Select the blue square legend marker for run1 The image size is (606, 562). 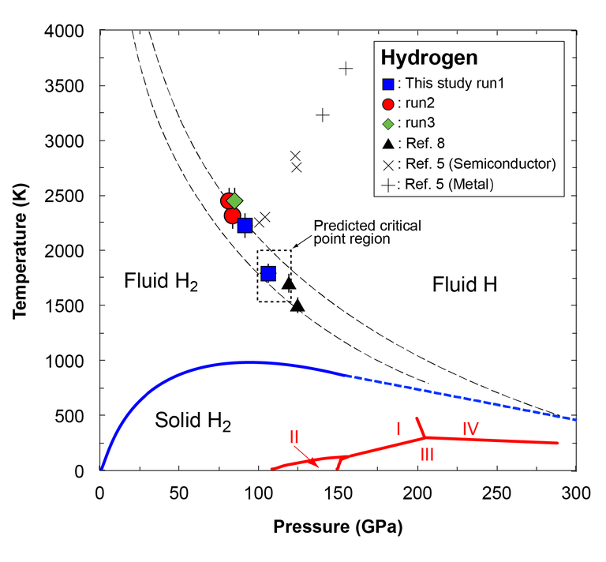(387, 83)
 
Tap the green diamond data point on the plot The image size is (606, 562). (234, 201)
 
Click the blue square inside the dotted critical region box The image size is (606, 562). (268, 273)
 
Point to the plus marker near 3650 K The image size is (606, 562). (346, 69)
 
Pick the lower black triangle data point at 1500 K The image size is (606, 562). (297, 305)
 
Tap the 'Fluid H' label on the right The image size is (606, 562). (465, 286)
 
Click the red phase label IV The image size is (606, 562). (471, 429)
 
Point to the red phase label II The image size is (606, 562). (294, 436)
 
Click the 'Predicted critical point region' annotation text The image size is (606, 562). (367, 232)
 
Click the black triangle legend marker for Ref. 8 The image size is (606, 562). (387, 143)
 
